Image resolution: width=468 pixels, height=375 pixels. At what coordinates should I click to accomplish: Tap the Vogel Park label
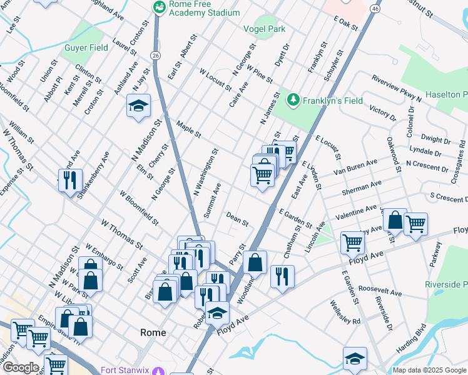tap(264, 28)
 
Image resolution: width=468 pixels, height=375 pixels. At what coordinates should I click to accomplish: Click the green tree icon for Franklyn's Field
tap(293, 100)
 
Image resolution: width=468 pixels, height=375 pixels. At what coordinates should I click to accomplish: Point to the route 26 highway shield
tap(155, 56)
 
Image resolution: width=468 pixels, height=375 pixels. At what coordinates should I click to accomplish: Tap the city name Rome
tap(153, 332)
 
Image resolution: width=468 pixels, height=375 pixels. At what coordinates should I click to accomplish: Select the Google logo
tap(21, 367)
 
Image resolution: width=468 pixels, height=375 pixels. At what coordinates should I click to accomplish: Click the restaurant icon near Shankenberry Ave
tap(70, 180)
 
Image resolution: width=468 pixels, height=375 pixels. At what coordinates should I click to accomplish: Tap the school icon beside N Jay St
tap(138, 106)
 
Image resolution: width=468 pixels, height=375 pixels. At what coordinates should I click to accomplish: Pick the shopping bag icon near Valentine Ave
tap(395, 220)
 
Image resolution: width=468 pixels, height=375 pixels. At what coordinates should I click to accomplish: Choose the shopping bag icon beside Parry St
tap(255, 262)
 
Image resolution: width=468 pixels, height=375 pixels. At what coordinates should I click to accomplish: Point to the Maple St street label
tap(188, 129)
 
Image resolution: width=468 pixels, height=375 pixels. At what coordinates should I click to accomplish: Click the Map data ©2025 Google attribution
tap(429, 370)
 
